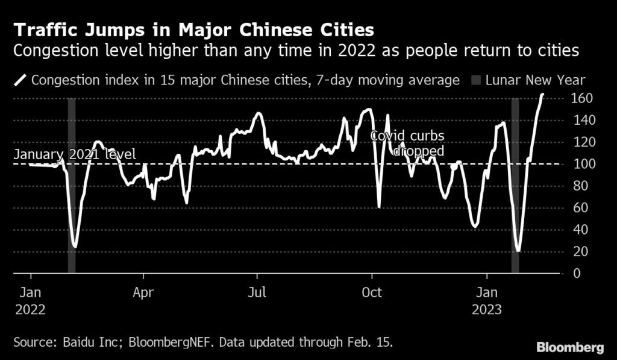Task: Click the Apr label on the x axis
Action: pyautogui.click(x=143, y=294)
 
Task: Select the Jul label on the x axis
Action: pyautogui.click(x=257, y=294)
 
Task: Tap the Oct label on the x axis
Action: pyautogui.click(x=372, y=294)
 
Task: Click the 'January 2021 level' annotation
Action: pyautogui.click(x=75, y=155)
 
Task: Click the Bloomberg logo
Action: pyautogui.click(x=570, y=347)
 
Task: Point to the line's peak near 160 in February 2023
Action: pyautogui.click(x=542, y=95)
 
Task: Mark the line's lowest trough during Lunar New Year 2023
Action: pyautogui.click(x=518, y=250)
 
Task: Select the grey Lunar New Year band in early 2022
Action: pyautogui.click(x=72, y=187)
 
